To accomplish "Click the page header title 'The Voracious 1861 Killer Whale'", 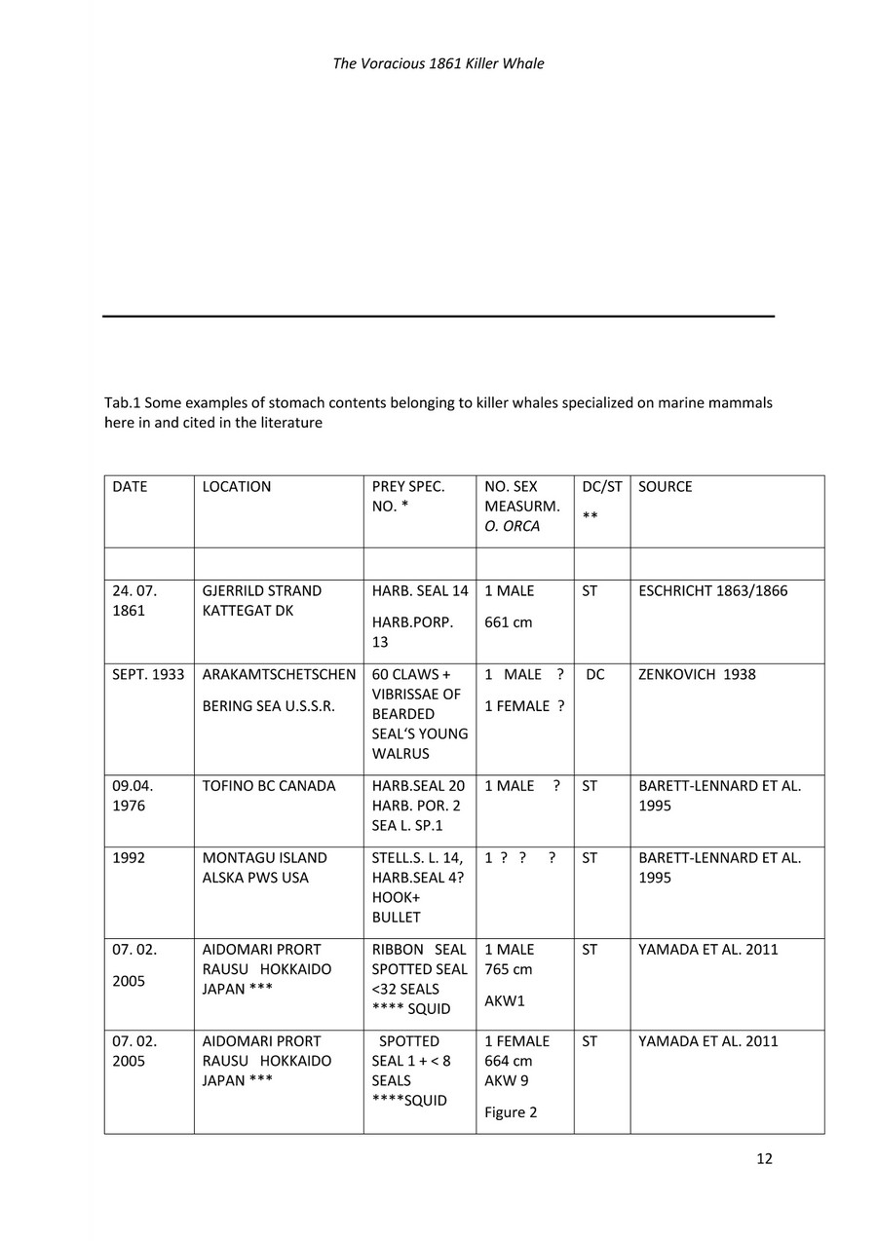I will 438,64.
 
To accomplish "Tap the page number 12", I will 764,1158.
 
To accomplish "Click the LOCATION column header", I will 237,487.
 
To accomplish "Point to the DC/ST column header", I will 601,487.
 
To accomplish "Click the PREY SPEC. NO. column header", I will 408,497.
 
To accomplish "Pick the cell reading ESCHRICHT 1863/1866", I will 712,591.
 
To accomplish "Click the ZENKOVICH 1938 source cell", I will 697,675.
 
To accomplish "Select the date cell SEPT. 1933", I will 148,675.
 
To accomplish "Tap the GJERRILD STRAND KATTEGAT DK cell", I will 261,601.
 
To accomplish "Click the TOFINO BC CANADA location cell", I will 268,786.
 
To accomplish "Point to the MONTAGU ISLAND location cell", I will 264,868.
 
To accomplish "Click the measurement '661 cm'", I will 509,622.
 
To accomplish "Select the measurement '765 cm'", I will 509,969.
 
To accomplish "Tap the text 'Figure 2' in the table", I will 511,1112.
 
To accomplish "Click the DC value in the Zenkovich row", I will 595,675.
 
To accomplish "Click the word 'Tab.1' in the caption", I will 122,403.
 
